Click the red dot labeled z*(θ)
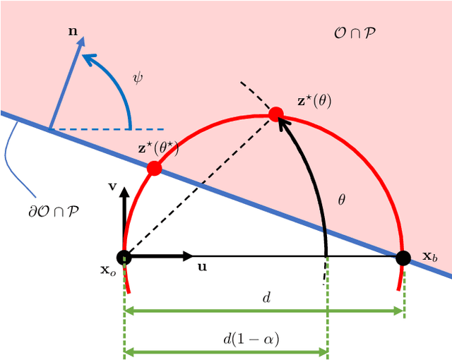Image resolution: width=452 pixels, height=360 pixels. click(x=276, y=114)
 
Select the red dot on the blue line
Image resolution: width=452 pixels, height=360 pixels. click(x=154, y=169)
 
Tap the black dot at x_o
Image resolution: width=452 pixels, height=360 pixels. click(x=124, y=257)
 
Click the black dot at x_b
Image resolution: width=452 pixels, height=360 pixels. click(x=403, y=257)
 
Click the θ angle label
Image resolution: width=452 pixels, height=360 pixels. click(x=342, y=200)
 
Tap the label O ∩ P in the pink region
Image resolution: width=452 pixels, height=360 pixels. click(x=355, y=32)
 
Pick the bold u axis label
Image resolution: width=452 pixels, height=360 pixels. click(x=202, y=268)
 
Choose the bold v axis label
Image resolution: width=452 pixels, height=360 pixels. click(x=112, y=187)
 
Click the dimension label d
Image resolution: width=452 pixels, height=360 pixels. click(x=266, y=297)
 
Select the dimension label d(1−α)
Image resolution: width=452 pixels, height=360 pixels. click(x=251, y=340)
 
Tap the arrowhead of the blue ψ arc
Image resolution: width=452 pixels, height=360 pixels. click(x=88, y=58)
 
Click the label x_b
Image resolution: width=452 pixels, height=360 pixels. click(x=430, y=256)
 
